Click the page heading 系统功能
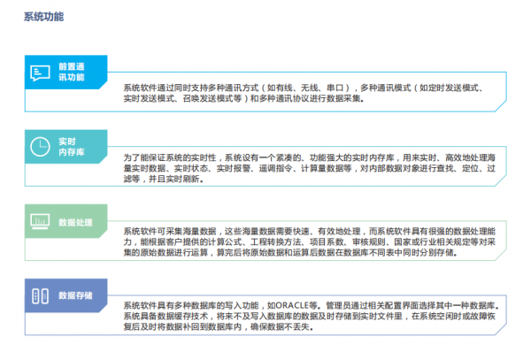43,17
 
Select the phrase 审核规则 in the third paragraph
382,241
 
